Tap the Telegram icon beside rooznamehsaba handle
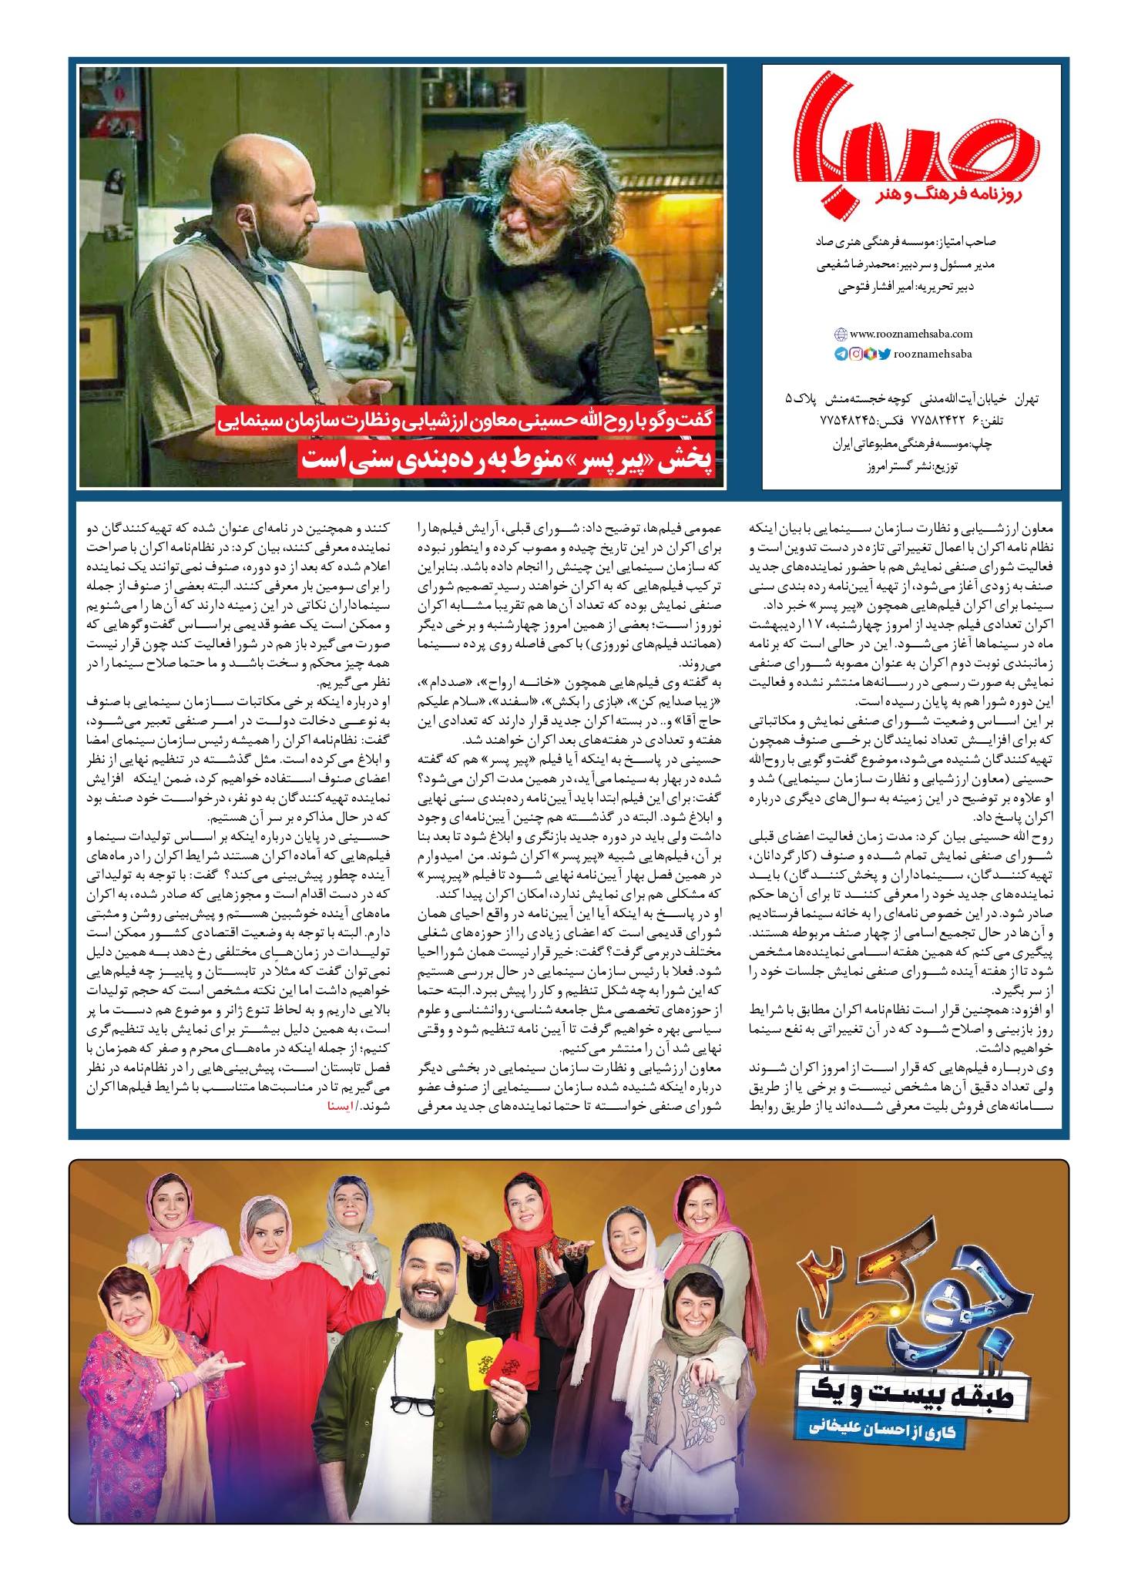(x=841, y=354)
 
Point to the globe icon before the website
(x=841, y=334)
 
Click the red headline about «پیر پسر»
(x=508, y=460)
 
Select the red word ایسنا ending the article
(x=340, y=1106)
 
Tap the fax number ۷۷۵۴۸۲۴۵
(x=847, y=421)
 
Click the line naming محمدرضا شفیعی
(x=905, y=264)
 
